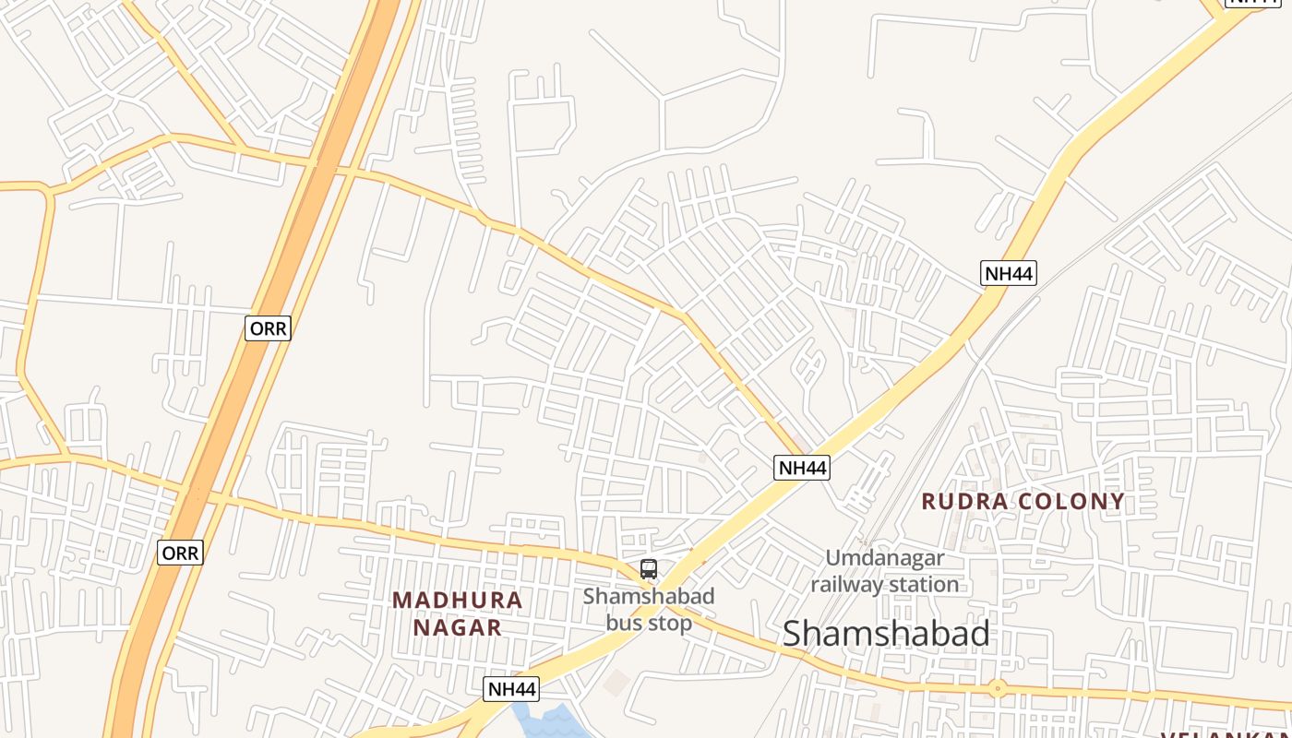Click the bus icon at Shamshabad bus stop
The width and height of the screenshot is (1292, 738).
click(x=649, y=569)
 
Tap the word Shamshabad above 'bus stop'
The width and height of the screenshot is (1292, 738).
click(x=649, y=596)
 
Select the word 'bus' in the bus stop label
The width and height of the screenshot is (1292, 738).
click(x=623, y=623)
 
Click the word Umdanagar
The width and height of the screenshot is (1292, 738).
click(x=885, y=558)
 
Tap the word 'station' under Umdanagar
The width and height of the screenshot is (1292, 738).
click(x=922, y=585)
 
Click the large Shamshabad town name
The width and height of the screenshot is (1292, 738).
click(x=886, y=634)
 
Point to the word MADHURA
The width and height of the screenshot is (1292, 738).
click(x=458, y=601)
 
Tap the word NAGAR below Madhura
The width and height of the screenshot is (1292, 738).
click(x=458, y=628)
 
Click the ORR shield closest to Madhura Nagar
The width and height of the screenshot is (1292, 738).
click(x=180, y=553)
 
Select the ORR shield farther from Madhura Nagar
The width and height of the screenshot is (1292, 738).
click(x=269, y=328)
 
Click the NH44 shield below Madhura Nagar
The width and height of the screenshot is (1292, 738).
click(x=511, y=689)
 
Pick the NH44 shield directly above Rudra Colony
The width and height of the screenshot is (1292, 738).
click(x=1009, y=273)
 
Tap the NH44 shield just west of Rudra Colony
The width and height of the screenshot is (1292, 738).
click(x=802, y=468)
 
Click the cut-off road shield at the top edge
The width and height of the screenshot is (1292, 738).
click(x=1257, y=3)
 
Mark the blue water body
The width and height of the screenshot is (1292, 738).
click(x=549, y=721)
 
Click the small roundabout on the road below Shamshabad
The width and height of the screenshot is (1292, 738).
click(x=998, y=688)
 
